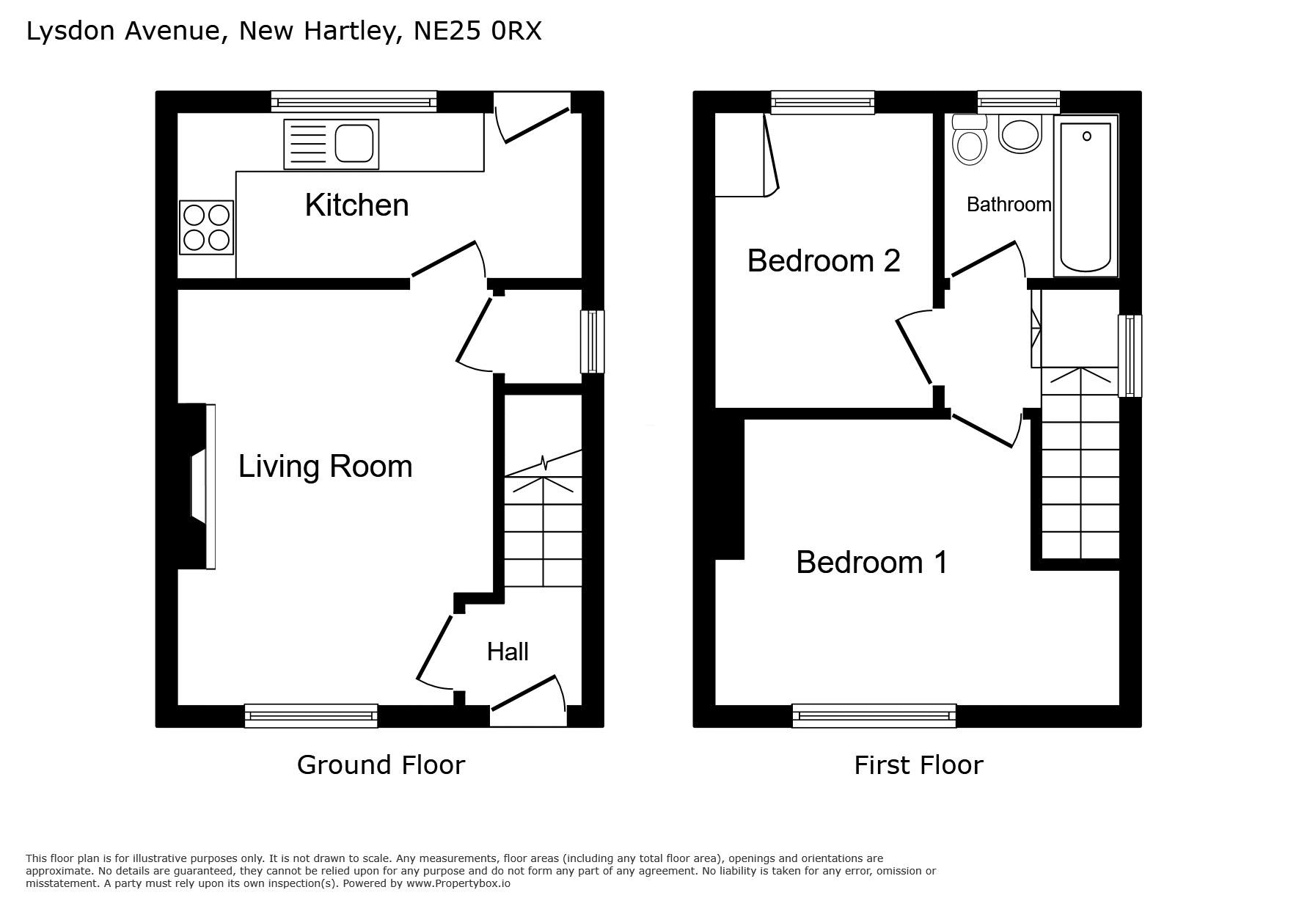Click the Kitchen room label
pos(356,205)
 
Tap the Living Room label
pos(326,467)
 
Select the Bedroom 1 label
pos(871,563)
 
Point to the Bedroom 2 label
pos(824,260)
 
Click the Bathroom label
pos(1009,205)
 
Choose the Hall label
pos(508,651)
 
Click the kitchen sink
pos(332,144)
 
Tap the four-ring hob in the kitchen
pos(206,227)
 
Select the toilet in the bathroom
pos(969,139)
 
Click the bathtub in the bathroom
pos(1086,196)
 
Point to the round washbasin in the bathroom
pos(1020,135)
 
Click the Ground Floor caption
pos(381,765)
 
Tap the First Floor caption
pos(918,765)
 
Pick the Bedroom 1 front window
pos(874,715)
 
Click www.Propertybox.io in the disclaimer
pos(458,883)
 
